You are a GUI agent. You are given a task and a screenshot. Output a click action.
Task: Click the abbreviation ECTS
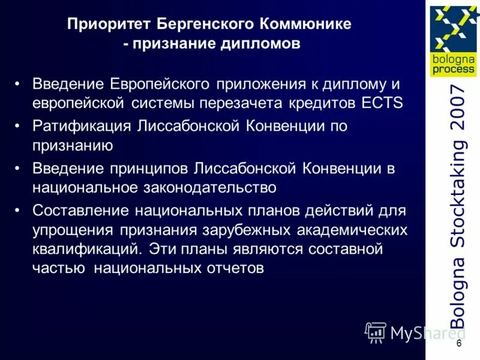click(383, 102)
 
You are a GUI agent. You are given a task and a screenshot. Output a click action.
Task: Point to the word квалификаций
click(87, 248)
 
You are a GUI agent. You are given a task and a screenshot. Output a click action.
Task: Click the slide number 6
click(459, 343)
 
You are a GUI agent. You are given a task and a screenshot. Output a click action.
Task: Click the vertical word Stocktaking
click(457, 198)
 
